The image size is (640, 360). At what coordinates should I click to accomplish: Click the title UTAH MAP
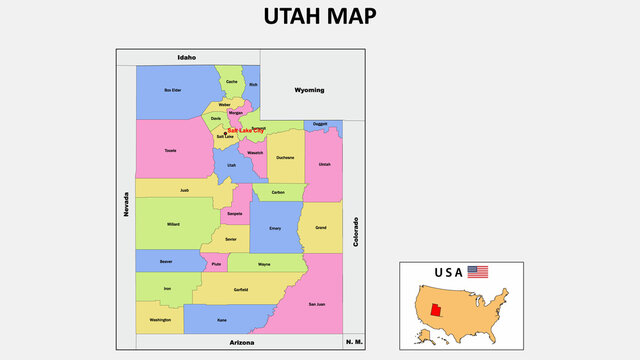[320, 17]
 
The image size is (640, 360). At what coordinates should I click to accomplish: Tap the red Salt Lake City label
[246, 130]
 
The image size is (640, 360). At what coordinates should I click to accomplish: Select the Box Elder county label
[173, 90]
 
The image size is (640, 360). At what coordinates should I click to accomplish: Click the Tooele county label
[170, 150]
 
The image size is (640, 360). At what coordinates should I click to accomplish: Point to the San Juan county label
[316, 303]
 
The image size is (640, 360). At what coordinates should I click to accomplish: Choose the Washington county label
[160, 320]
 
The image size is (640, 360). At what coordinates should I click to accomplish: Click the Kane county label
[222, 320]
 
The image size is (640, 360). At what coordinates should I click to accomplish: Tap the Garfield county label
[240, 289]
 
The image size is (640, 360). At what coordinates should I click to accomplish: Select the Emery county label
[275, 228]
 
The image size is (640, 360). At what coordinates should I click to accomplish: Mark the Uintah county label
[324, 164]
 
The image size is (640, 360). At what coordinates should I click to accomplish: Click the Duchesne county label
[285, 157]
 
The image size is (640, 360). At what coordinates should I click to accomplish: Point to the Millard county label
[174, 225]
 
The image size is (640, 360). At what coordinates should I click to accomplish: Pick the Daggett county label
[320, 124]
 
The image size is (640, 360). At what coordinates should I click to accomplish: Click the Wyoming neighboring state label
[309, 90]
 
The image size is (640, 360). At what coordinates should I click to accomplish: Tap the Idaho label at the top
[187, 58]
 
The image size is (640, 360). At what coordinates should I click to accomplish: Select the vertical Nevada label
[126, 205]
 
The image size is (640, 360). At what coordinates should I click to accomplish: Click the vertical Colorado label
[354, 232]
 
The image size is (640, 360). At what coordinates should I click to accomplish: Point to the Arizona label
[241, 342]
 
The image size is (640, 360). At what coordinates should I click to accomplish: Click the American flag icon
[478, 272]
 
